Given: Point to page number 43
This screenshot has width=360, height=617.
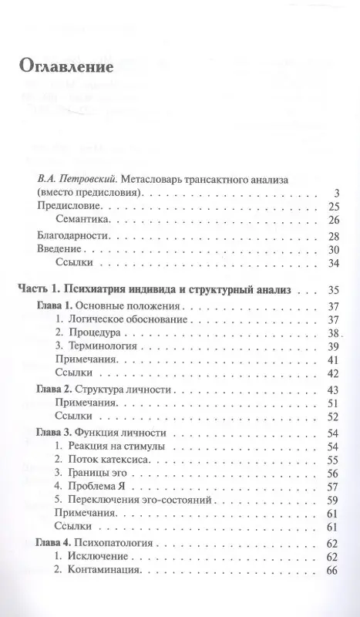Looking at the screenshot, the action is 333,389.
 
